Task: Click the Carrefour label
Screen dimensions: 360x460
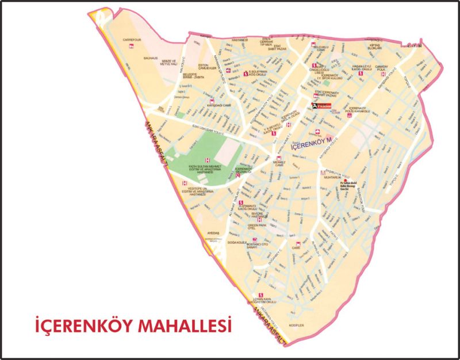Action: coord(132,40)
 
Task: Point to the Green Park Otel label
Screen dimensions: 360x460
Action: coord(256,227)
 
